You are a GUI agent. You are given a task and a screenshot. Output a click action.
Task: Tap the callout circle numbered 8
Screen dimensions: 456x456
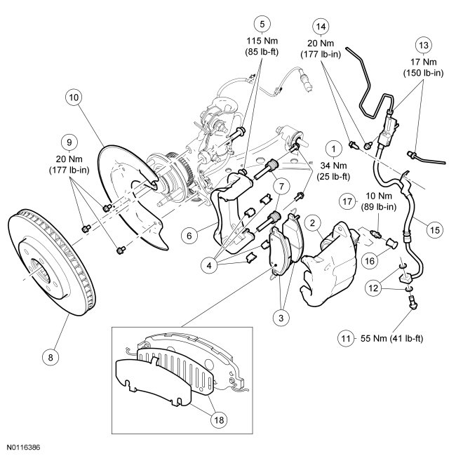49,356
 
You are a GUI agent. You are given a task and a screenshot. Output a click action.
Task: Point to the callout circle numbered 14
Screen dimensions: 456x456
322,26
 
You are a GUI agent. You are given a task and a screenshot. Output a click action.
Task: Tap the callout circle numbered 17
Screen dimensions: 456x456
347,201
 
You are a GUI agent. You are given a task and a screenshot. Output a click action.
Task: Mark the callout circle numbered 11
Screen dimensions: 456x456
345,338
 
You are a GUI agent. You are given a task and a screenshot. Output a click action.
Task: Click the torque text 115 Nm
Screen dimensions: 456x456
262,40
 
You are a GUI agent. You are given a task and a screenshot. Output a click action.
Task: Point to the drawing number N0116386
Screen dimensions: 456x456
25,446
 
